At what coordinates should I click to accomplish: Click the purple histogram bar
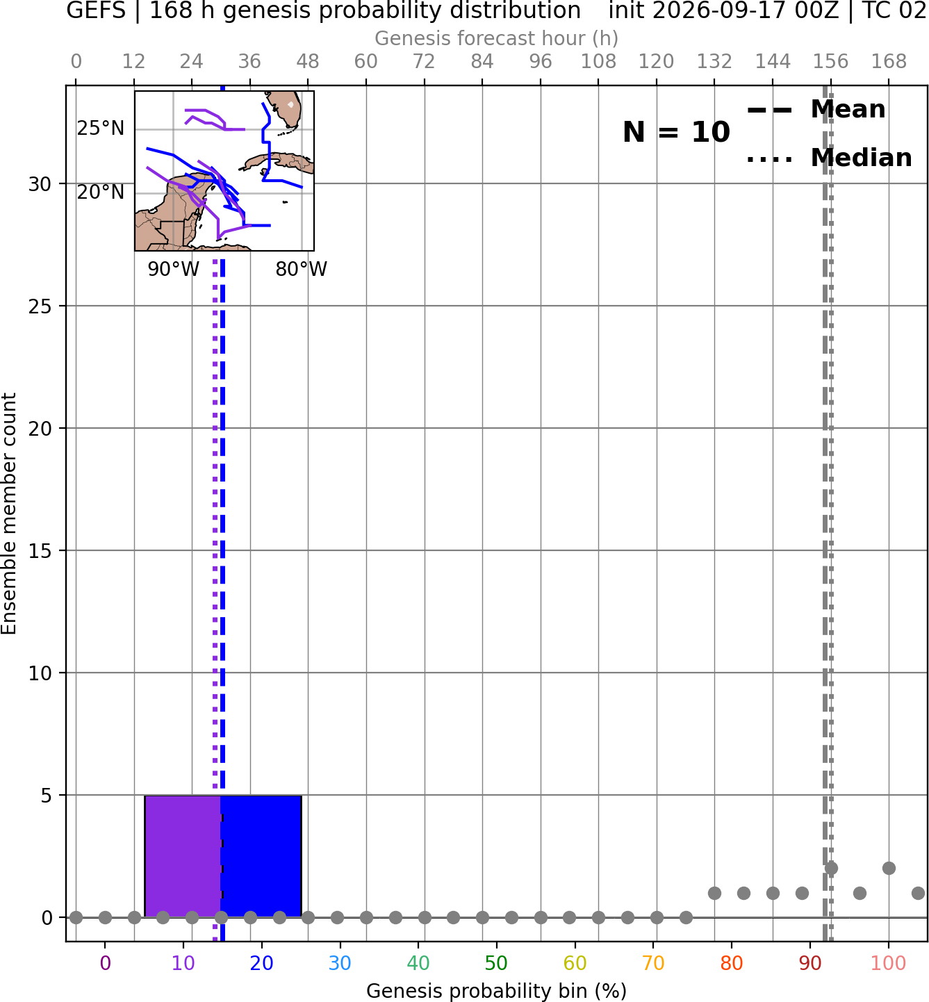coord(183,856)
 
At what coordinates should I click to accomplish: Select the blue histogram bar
coord(261,856)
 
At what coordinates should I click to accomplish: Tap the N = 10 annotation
coord(676,132)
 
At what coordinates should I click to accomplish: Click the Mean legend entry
coord(816,110)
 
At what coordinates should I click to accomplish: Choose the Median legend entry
coord(829,158)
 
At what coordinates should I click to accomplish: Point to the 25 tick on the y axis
coord(40,306)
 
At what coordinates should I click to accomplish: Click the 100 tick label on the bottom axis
coord(889,963)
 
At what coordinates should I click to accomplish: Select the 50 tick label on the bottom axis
coord(496,963)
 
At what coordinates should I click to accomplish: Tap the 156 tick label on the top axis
coord(830,62)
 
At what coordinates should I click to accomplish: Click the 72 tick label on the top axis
coord(424,62)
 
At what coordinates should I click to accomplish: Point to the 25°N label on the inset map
coord(101,129)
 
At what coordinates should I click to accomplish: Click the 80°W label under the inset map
coord(302,270)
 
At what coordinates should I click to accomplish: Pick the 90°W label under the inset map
coord(173,270)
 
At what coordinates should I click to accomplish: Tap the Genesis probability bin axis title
coord(496,991)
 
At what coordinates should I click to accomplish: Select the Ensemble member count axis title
coord(8,514)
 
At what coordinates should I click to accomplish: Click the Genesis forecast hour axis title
coord(496,38)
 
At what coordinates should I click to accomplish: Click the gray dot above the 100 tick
coord(889,868)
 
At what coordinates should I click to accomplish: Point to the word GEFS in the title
coord(96,10)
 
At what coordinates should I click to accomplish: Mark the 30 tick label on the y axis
coord(40,184)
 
